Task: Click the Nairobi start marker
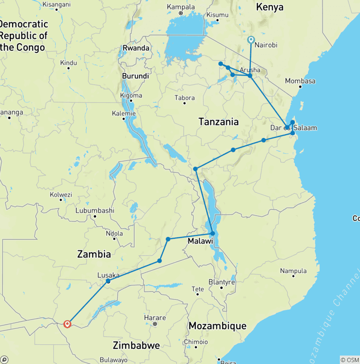point(251,40)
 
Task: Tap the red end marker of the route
point(67,324)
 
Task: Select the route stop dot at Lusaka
point(108,281)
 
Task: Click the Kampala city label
point(180,7)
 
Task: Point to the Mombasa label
point(300,81)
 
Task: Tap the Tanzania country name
point(218,122)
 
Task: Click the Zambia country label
point(94,254)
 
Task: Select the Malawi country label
point(201,241)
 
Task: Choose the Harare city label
point(155,318)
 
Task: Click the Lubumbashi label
point(95,210)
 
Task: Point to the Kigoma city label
point(131,96)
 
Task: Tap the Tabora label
point(184,98)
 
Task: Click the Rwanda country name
point(136,48)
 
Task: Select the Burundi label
point(135,76)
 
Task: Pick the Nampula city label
point(293,271)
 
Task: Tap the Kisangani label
point(56,5)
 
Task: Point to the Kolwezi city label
point(61,195)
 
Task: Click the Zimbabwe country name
point(136,346)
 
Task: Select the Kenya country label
point(270,7)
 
